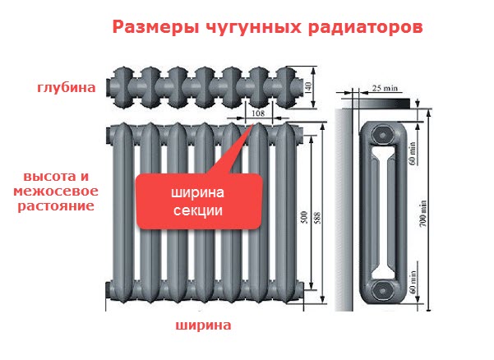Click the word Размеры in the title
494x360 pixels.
(151, 26)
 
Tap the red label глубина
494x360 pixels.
(66, 87)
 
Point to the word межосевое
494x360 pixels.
(55, 191)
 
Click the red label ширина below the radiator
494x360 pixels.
(202, 325)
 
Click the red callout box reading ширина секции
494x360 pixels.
(197, 202)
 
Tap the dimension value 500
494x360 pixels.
(304, 217)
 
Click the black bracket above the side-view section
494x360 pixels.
(383, 104)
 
